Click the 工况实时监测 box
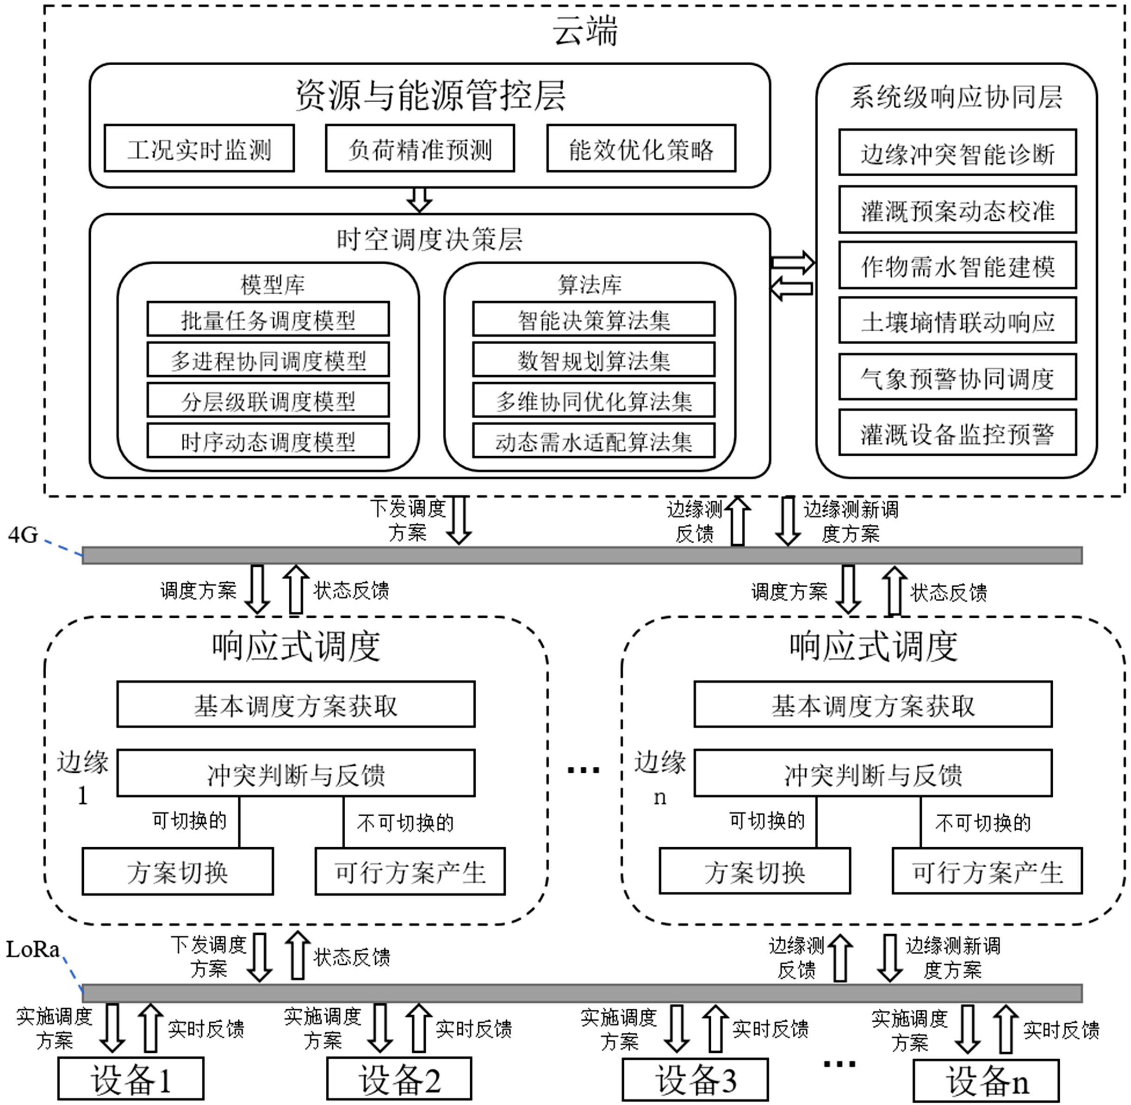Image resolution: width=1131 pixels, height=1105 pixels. pyautogui.click(x=199, y=149)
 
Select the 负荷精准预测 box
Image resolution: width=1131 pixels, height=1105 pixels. pyautogui.click(x=420, y=149)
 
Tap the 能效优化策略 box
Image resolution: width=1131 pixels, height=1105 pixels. pyautogui.click(x=640, y=149)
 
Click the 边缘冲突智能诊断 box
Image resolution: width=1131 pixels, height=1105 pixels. pyautogui.click(x=957, y=153)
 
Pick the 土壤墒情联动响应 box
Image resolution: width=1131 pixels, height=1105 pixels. pyautogui.click(x=957, y=321)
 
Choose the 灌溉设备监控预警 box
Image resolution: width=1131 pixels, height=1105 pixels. pyautogui.click(x=957, y=433)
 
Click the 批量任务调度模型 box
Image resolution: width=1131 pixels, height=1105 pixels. pyautogui.click(x=267, y=319)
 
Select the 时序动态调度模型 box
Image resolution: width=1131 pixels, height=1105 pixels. pyautogui.click(x=267, y=441)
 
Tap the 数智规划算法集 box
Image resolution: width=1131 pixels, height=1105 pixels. pyautogui.click(x=593, y=360)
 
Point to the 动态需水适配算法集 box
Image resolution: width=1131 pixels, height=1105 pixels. pyautogui.click(x=593, y=441)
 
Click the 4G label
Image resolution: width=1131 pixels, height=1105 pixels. pyautogui.click(x=23, y=534)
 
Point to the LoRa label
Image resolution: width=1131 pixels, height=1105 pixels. pyautogui.click(x=32, y=950)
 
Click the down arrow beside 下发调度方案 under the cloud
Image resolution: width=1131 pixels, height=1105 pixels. pyautogui.click(x=459, y=520)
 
